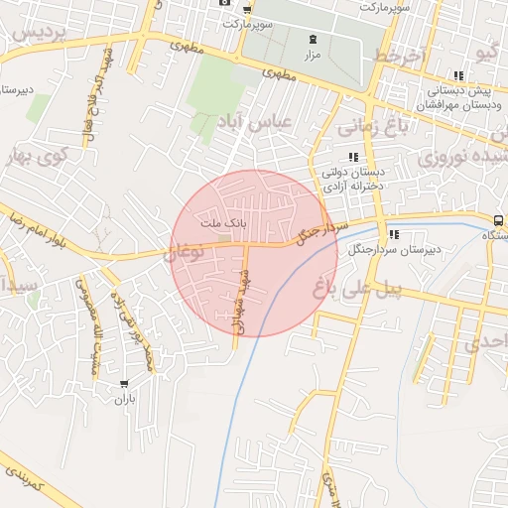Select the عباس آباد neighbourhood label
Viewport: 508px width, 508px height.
[x=255, y=122]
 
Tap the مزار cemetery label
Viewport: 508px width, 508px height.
[x=313, y=55]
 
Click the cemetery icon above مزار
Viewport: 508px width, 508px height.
[x=313, y=39]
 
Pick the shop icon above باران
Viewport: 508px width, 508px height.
[x=123, y=384]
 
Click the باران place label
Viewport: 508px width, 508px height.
[x=123, y=400]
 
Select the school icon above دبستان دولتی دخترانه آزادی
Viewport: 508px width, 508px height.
[x=352, y=157]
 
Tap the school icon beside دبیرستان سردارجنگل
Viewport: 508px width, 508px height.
[x=394, y=235]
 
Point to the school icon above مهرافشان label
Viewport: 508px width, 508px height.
[x=457, y=75]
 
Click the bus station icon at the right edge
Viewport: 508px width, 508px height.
[x=497, y=220]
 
